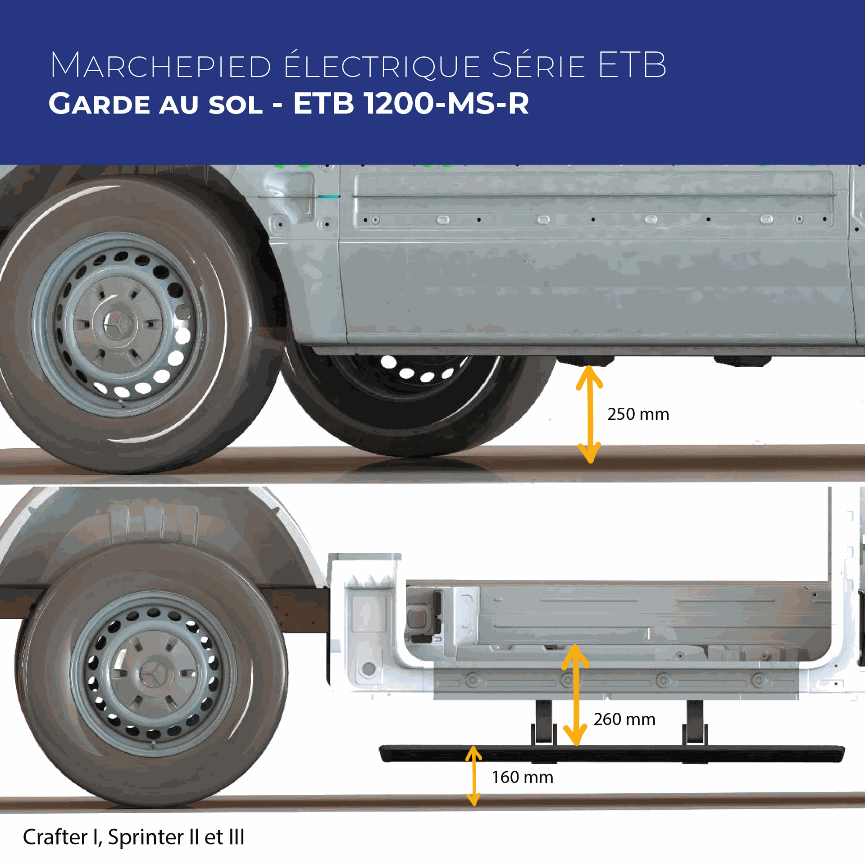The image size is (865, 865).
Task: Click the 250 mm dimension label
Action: pyautogui.click(x=638, y=414)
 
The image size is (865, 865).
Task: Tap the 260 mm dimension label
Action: pyautogui.click(x=624, y=719)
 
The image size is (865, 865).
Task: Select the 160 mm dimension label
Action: pyautogui.click(x=523, y=778)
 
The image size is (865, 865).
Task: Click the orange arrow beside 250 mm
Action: pyautogui.click(x=590, y=414)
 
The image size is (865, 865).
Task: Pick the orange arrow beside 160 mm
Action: pyautogui.click(x=473, y=775)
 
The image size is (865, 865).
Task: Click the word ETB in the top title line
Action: pyautogui.click(x=632, y=66)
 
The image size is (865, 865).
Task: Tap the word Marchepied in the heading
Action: pyautogui.click(x=160, y=66)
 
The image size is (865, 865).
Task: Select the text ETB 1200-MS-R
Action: pyautogui.click(x=411, y=104)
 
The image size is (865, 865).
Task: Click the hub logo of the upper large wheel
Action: pyautogui.click(x=118, y=323)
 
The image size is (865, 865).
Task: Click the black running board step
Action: pyautogui.click(x=611, y=754)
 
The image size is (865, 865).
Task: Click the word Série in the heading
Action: pyautogui.click(x=538, y=66)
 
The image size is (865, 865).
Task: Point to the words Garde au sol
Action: pyautogui.click(x=155, y=104)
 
